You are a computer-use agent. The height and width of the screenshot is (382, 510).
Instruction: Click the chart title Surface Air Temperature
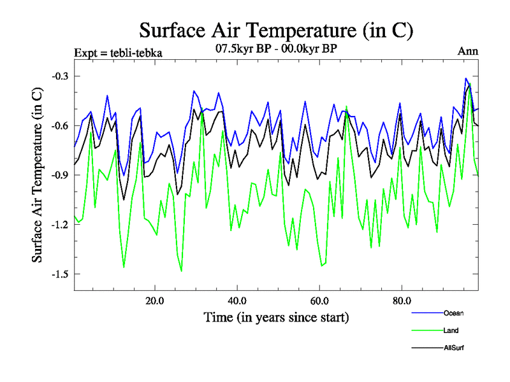276,31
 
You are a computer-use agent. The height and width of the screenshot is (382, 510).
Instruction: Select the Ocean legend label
454,313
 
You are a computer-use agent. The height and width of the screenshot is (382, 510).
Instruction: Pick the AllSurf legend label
455,348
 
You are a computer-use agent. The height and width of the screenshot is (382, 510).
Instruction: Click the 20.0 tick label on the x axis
156,300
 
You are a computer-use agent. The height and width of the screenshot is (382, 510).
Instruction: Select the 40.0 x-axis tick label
237,300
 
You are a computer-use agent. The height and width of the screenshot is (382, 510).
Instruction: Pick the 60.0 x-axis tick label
319,300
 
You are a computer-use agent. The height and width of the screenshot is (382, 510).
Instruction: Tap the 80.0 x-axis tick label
401,300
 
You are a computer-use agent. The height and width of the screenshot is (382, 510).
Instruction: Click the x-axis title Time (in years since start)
276,316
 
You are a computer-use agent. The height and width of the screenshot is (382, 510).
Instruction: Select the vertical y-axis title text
38,175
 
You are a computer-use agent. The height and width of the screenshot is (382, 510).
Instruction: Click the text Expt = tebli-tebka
119,53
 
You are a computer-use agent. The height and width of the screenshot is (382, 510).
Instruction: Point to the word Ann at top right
468,52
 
